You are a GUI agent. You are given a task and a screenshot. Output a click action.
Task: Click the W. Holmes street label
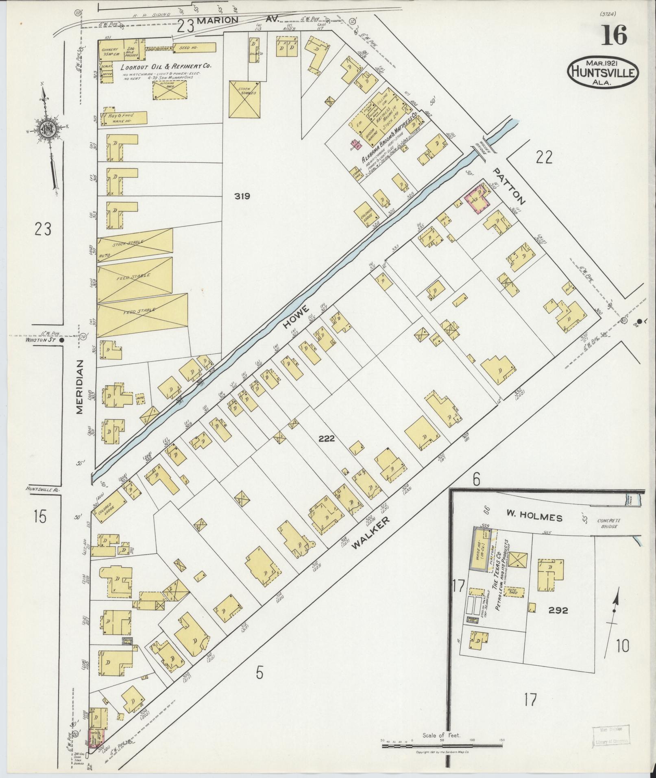click(x=534, y=518)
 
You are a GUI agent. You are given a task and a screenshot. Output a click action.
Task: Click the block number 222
click(x=327, y=438)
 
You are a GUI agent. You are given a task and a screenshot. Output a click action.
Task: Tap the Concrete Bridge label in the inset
click(x=608, y=523)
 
